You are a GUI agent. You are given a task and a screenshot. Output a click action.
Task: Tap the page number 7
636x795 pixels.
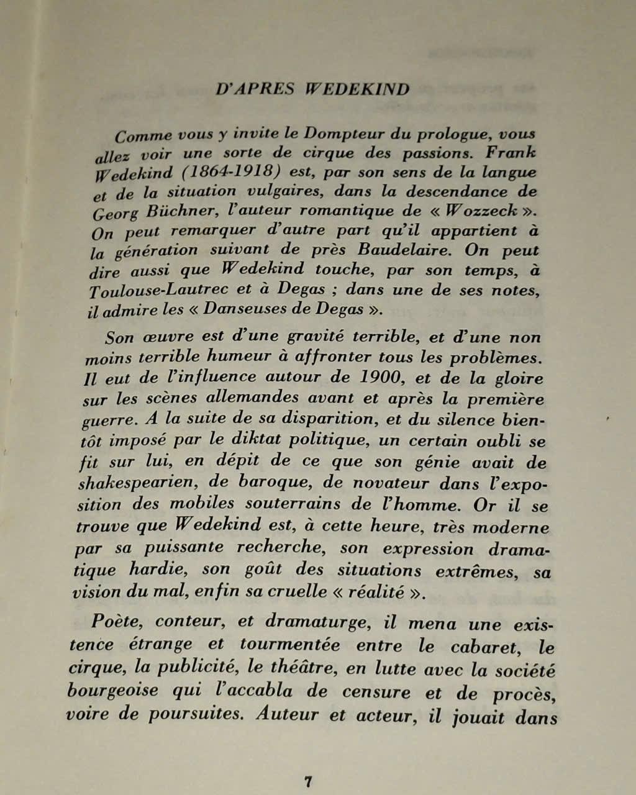pos(307,781)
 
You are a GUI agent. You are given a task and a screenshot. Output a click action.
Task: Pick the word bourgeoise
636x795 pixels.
pos(112,691)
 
